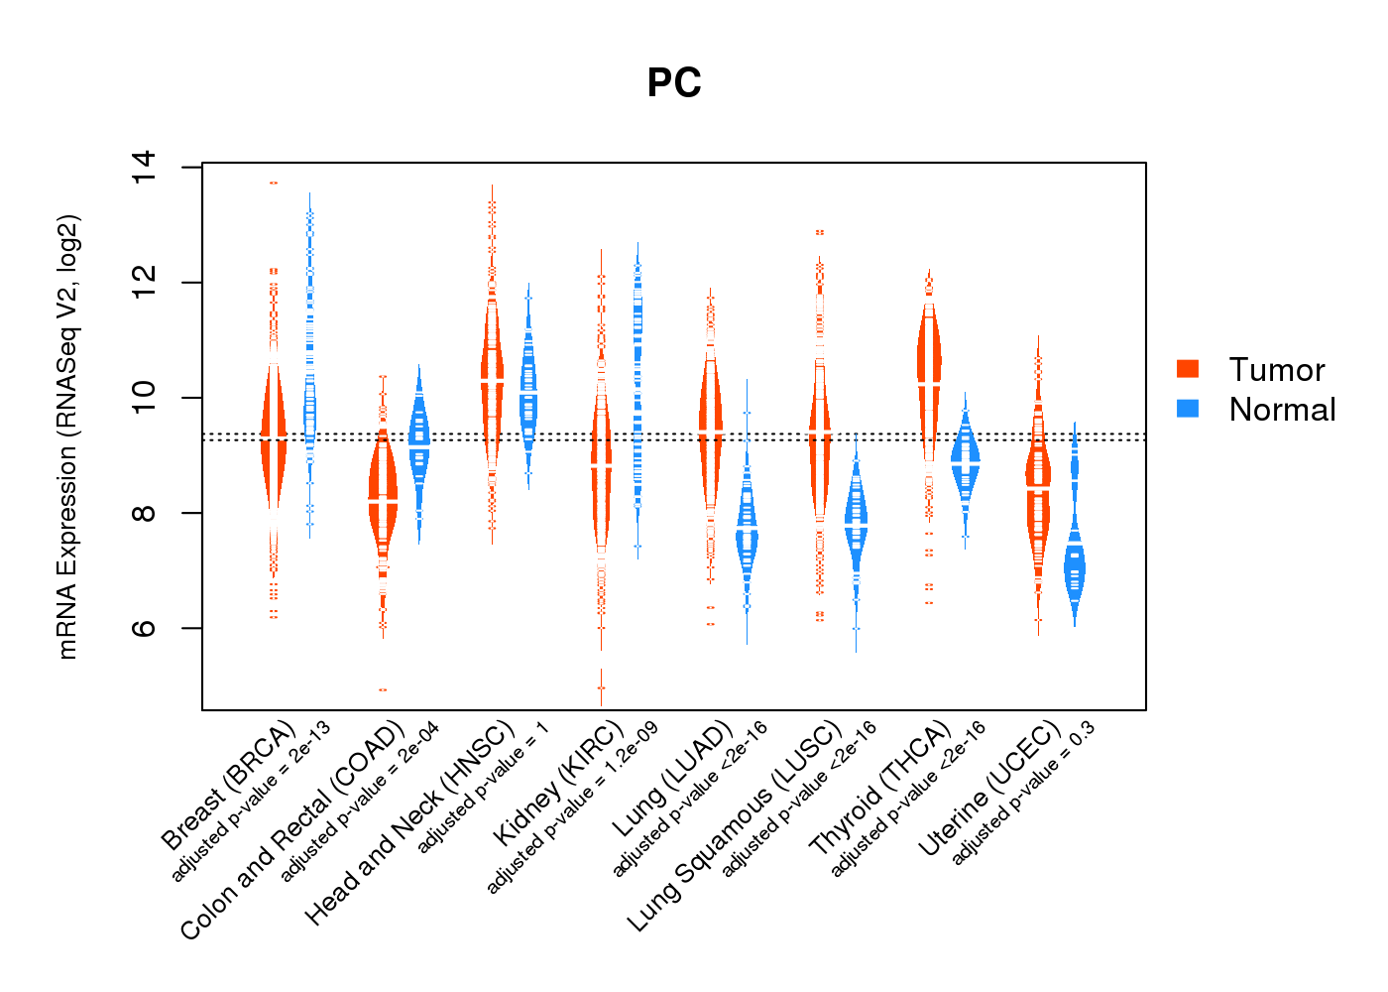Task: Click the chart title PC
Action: [x=674, y=83]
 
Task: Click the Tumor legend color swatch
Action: [x=1188, y=369]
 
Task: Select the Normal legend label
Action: [x=1282, y=410]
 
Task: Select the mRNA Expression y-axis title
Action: [x=67, y=436]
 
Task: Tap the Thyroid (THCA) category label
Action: [x=881, y=789]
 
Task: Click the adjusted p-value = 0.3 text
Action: [x=1024, y=794]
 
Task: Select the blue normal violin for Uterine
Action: [x=1074, y=568]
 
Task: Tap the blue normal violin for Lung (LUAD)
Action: [x=747, y=536]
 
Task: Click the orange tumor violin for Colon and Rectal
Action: [x=383, y=496]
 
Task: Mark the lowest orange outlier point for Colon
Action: [x=383, y=689]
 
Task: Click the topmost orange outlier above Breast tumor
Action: [x=274, y=183]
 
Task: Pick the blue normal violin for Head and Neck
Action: [x=528, y=397]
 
